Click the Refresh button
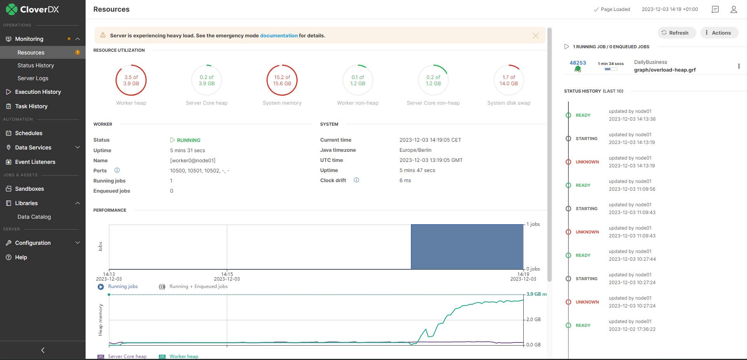675,33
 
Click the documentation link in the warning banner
279,35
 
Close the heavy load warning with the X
536,35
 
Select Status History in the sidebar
36,65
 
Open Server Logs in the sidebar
33,78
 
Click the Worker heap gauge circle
131,80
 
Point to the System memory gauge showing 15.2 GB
282,80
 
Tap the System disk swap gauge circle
509,80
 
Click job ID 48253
578,63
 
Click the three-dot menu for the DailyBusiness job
739,66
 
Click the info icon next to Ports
117,170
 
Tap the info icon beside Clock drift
356,180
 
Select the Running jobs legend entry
123,286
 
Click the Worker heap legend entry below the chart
184,356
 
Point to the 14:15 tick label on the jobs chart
227,274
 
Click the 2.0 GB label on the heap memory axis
533,320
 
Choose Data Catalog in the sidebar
34,217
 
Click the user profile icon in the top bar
733,9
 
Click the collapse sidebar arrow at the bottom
43,350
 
